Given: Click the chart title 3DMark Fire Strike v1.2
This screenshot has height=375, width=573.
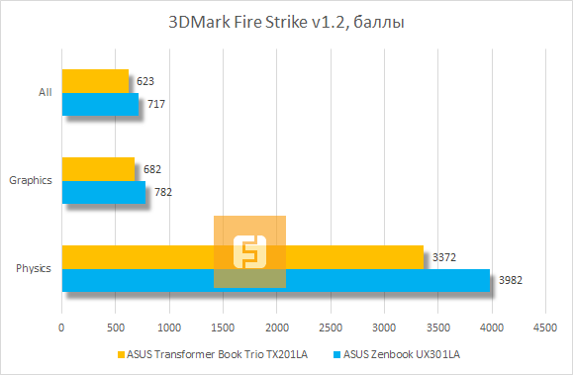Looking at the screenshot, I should (285, 21).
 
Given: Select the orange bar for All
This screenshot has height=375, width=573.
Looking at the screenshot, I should (95, 80).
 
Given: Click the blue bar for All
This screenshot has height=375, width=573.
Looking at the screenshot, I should (100, 104).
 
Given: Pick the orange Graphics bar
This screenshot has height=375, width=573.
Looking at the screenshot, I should (98, 169).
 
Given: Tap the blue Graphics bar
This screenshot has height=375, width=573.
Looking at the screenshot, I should (104, 192).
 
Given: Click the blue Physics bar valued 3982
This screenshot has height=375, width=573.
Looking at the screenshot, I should (276, 280).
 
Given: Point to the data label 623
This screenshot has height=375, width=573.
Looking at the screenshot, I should (145, 81).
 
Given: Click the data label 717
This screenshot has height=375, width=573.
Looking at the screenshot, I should (155, 104).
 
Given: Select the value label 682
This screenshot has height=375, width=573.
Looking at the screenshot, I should (151, 169).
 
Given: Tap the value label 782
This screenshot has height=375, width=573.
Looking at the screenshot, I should (162, 192).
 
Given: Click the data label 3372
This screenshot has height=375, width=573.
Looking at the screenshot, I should (442, 257).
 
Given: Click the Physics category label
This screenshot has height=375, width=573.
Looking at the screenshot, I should (34, 269).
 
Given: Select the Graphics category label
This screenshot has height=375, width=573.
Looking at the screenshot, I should (30, 180).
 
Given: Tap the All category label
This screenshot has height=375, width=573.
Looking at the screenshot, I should (45, 92).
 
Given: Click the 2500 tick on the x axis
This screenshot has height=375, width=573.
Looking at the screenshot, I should (330, 325).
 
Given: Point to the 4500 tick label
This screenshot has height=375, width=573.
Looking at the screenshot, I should (543, 325).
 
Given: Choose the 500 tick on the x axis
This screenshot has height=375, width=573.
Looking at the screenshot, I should (116, 325).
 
